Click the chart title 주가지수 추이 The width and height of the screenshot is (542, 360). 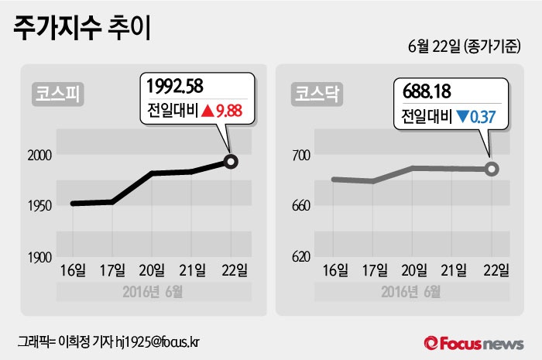click(81, 29)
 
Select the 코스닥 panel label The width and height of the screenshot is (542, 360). click(314, 94)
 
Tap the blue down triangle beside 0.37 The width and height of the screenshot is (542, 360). click(462, 118)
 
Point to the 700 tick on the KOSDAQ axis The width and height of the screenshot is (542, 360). click(300, 156)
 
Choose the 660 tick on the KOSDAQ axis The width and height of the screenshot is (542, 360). click(300, 206)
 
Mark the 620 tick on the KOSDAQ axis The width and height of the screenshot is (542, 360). click(300, 256)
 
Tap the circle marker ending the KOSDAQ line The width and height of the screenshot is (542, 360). click(491, 169)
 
